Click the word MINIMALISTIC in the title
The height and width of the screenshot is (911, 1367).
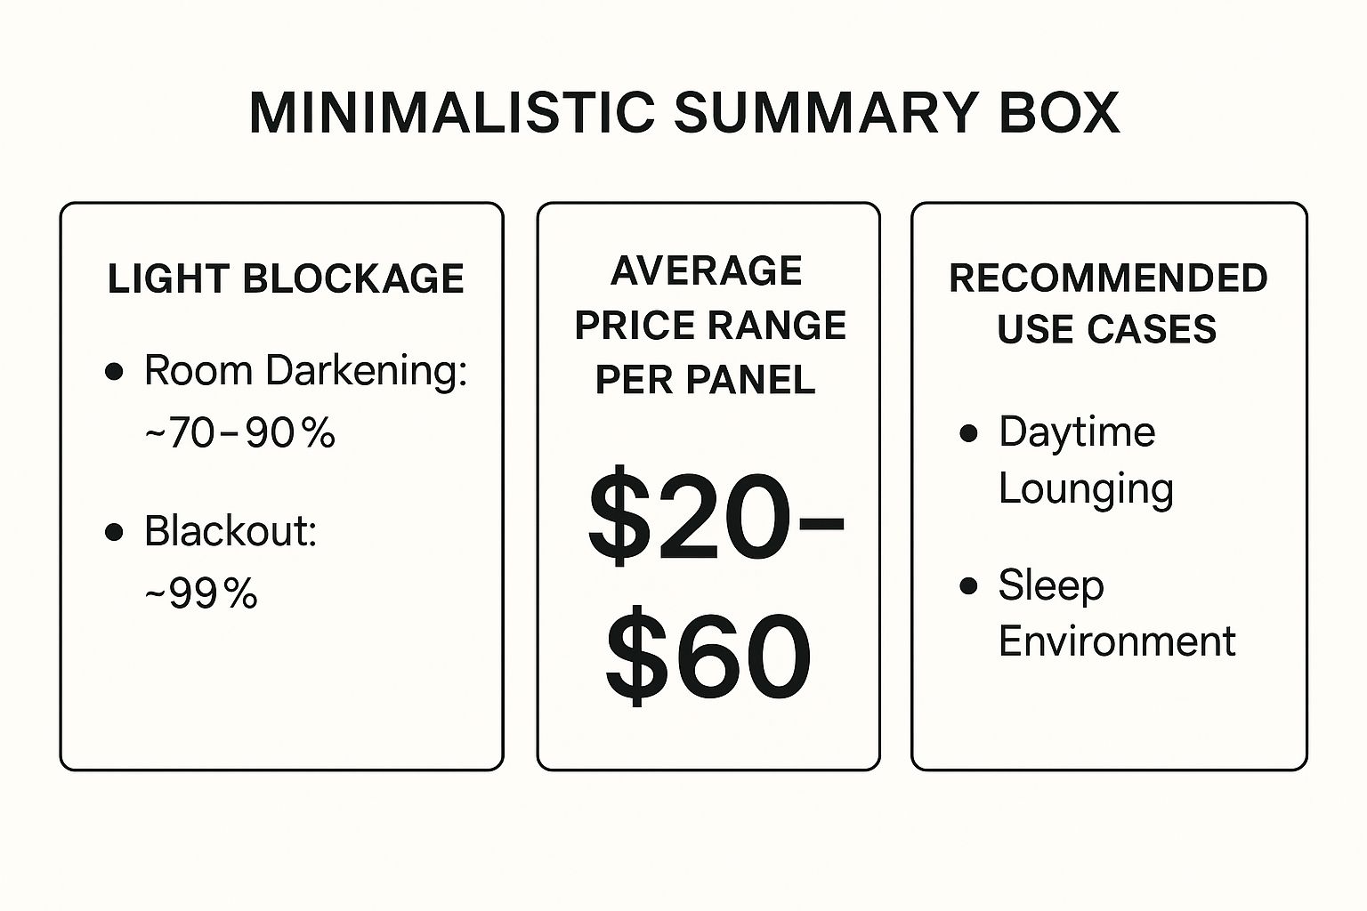(452, 113)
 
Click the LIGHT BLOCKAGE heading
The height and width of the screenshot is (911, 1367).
(286, 278)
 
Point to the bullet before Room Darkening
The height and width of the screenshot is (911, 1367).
(114, 371)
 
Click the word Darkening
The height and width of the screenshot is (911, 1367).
(366, 371)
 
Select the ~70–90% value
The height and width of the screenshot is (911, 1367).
(239, 432)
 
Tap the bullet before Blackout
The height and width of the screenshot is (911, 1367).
(114, 531)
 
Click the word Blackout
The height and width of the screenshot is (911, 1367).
(231, 530)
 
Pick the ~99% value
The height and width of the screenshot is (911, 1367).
(201, 593)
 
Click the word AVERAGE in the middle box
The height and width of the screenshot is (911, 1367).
(706, 271)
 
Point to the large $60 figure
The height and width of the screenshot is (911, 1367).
(708, 656)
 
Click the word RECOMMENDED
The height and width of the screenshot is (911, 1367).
(1109, 278)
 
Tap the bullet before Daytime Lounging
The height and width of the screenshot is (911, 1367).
(968, 433)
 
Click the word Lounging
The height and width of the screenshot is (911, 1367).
(1087, 490)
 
